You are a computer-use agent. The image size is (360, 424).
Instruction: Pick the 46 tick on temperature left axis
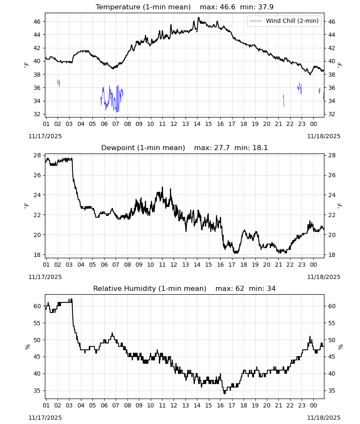coord(37,22)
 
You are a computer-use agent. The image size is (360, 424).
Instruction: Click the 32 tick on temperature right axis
coord(331,114)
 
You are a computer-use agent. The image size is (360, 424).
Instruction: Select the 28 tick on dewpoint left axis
coord(37,155)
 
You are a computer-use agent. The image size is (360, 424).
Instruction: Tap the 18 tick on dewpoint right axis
coord(331,255)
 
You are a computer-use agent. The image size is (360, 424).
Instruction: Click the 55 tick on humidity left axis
coord(37,323)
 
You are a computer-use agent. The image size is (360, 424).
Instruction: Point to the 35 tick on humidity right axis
coord(331,391)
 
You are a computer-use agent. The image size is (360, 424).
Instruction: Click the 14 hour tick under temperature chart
coord(197,124)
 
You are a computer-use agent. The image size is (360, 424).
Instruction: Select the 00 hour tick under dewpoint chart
coord(313,265)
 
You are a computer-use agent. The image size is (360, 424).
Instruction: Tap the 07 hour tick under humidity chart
coord(116,406)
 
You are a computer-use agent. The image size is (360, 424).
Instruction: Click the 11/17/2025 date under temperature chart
coord(45,136)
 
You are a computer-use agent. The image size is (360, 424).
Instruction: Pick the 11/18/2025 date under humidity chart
coord(324,418)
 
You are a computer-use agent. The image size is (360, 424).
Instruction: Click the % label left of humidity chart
coord(27,347)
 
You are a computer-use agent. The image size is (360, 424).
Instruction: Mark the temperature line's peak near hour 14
coord(199,17)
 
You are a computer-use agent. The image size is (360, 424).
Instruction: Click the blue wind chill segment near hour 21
coord(284,100)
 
